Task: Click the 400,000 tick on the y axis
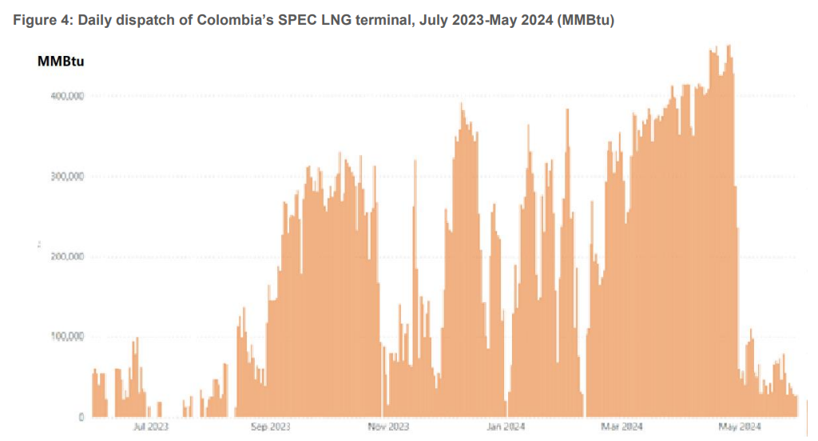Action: [x=68, y=96]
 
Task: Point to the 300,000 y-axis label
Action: [x=68, y=177]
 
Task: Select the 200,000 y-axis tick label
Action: [x=68, y=256]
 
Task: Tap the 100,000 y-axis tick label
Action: [x=68, y=336]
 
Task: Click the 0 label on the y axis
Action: [x=81, y=417]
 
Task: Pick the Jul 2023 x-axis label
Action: [x=151, y=427]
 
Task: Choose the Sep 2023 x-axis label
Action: [x=270, y=427]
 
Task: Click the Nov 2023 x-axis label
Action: [x=389, y=427]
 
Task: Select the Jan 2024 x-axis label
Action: [x=505, y=427]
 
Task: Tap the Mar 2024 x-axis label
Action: [x=622, y=427]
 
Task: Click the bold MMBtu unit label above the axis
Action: [x=62, y=61]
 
